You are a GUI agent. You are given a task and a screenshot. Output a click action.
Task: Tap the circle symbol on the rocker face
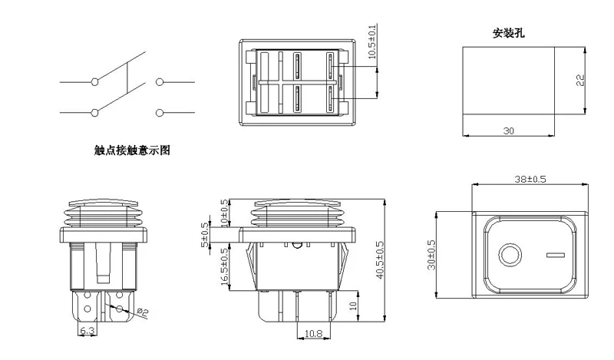pyautogui.click(x=509, y=254)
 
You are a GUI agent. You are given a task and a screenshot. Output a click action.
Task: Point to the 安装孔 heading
pyautogui.click(x=508, y=34)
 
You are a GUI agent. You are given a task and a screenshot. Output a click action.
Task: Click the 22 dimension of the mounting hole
pyautogui.click(x=581, y=81)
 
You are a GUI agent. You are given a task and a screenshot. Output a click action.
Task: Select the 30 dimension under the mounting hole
pyautogui.click(x=508, y=131)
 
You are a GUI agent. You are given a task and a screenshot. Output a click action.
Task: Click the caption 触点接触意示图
pyautogui.click(x=132, y=151)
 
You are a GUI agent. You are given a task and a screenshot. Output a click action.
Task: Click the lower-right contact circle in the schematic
pyautogui.click(x=160, y=113)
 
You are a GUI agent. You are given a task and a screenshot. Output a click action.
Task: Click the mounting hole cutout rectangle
pyautogui.click(x=508, y=81)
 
